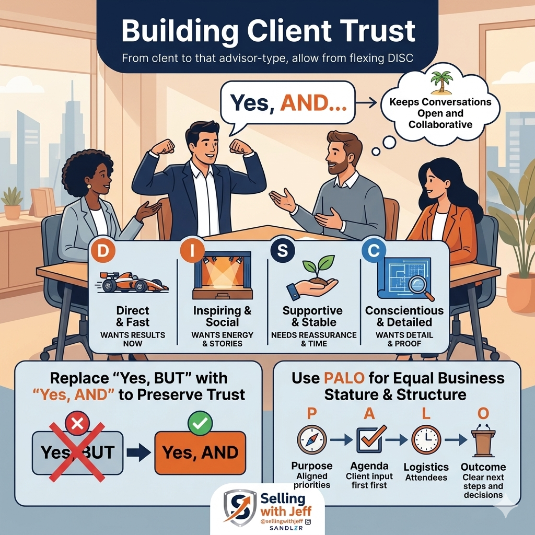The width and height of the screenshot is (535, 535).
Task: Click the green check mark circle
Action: point(199,423)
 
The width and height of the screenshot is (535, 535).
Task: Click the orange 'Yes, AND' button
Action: point(200,452)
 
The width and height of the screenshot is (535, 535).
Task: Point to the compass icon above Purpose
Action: point(311,439)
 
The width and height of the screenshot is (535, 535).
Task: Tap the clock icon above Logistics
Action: point(426,439)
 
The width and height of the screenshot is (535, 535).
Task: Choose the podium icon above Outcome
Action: point(483,442)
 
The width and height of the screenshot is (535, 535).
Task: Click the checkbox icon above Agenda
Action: point(370,439)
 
